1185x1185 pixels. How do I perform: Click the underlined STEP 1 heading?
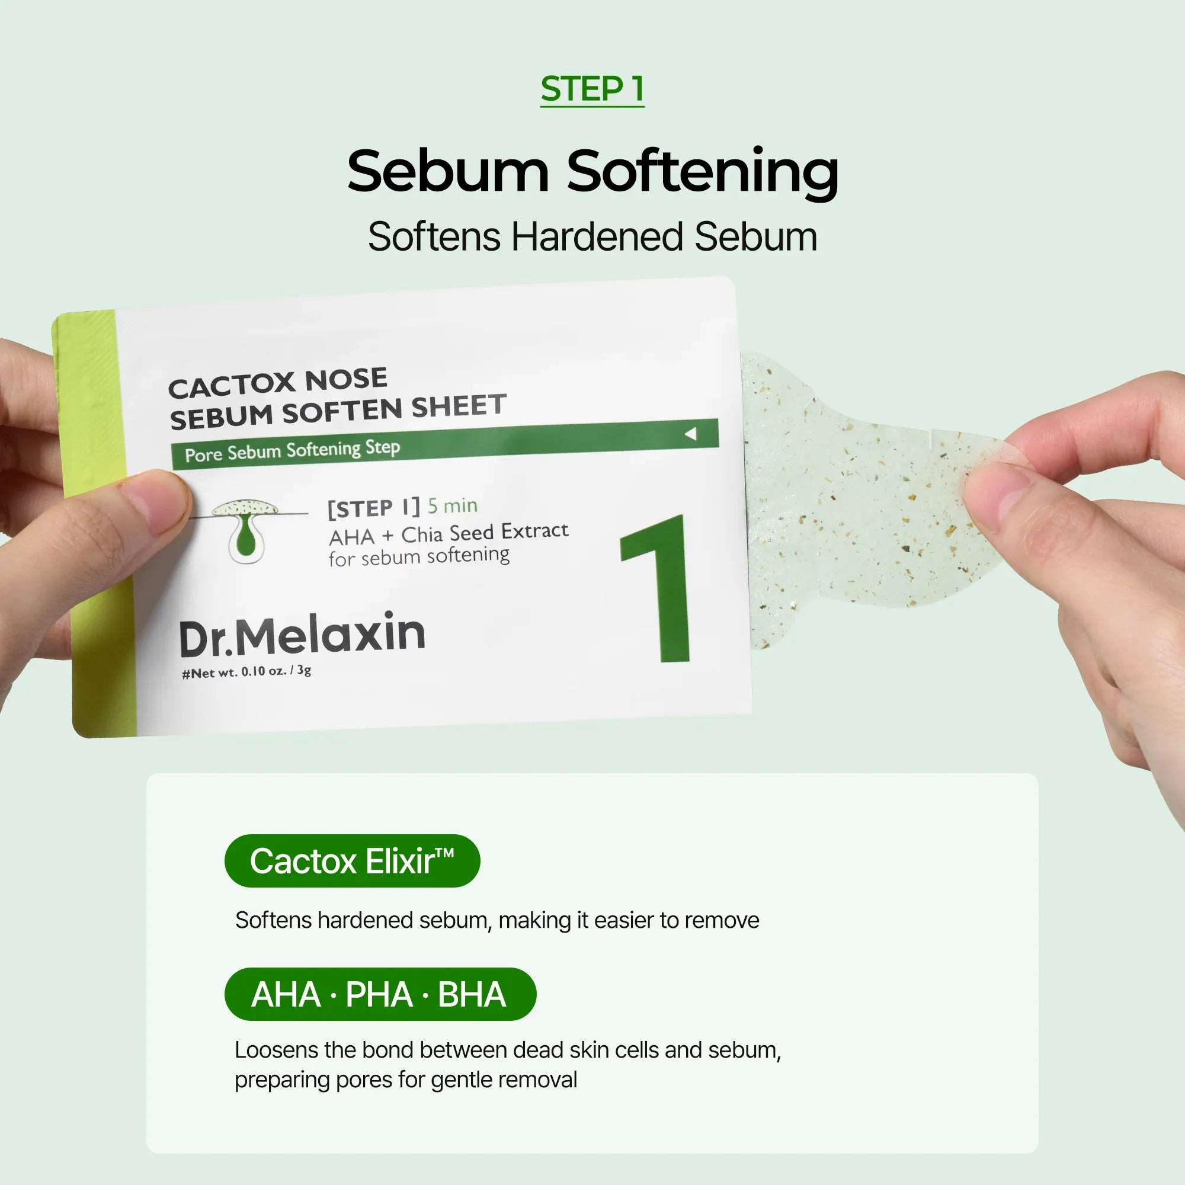pyautogui.click(x=592, y=89)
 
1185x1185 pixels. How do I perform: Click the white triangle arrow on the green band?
pyautogui.click(x=691, y=434)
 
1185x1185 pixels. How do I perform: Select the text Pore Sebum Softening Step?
pyautogui.click(x=292, y=451)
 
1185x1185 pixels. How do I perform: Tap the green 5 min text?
pyautogui.click(x=452, y=506)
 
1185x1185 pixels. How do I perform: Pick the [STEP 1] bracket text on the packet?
pyautogui.click(x=373, y=508)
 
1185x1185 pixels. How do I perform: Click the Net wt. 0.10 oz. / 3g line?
pyautogui.click(x=246, y=672)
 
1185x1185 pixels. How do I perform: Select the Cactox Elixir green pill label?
pyautogui.click(x=352, y=860)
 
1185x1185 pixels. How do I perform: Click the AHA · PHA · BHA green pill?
pyautogui.click(x=380, y=994)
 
